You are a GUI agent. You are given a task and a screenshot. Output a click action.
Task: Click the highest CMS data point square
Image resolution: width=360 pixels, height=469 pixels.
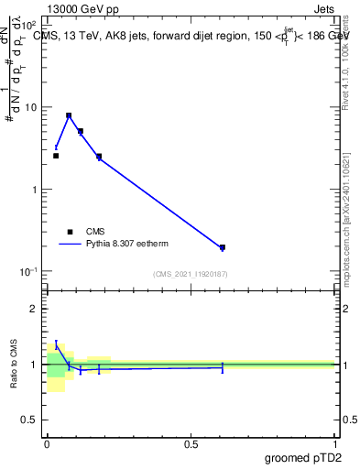pos(69,116)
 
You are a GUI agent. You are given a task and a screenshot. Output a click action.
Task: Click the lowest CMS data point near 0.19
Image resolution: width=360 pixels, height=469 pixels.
pos(223,247)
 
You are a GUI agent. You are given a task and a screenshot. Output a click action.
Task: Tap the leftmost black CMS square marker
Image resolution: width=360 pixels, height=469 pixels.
pos(56,156)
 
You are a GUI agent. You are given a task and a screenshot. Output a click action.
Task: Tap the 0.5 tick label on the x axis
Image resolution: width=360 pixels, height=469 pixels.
pos(191,443)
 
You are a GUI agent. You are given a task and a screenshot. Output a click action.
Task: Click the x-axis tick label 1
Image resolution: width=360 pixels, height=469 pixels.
pos(334,443)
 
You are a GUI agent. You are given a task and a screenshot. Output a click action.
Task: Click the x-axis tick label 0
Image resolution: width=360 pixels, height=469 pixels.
pos(47,443)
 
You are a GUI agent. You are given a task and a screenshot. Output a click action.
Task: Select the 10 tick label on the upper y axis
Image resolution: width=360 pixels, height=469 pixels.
pos(31,107)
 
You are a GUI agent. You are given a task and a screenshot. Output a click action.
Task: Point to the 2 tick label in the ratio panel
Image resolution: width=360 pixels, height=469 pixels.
pos(34,309)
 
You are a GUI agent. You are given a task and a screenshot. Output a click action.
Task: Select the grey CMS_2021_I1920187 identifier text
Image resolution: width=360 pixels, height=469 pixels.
pos(191,274)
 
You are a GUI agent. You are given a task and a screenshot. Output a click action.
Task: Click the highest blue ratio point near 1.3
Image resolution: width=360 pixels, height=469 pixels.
pos(56,344)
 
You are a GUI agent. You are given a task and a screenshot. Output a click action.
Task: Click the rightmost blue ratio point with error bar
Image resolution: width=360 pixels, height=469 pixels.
pos(223,366)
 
